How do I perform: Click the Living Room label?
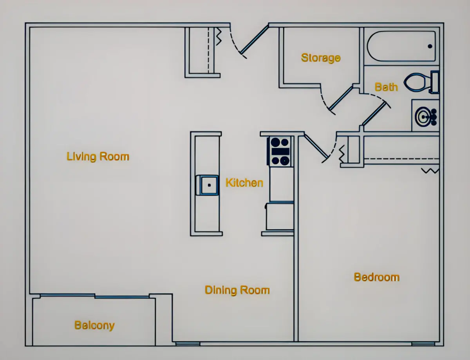coord(98,157)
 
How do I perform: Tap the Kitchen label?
coord(244,183)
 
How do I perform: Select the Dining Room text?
coord(237,290)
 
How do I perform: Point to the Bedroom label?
coord(376,277)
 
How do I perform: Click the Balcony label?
coord(94,326)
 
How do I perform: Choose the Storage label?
coord(321,58)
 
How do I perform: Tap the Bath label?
coord(386,87)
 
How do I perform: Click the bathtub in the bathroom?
coord(401,46)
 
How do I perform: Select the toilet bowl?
coord(414,82)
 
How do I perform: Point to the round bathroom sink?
coord(423,117)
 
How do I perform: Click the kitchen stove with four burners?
coord(280,151)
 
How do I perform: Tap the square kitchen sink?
coord(207,185)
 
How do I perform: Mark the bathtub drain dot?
coord(430,46)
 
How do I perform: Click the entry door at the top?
coord(255,40)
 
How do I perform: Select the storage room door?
coord(341,98)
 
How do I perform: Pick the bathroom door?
coord(374,113)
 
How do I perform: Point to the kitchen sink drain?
coord(209,185)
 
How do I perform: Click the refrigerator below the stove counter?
coord(280,216)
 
